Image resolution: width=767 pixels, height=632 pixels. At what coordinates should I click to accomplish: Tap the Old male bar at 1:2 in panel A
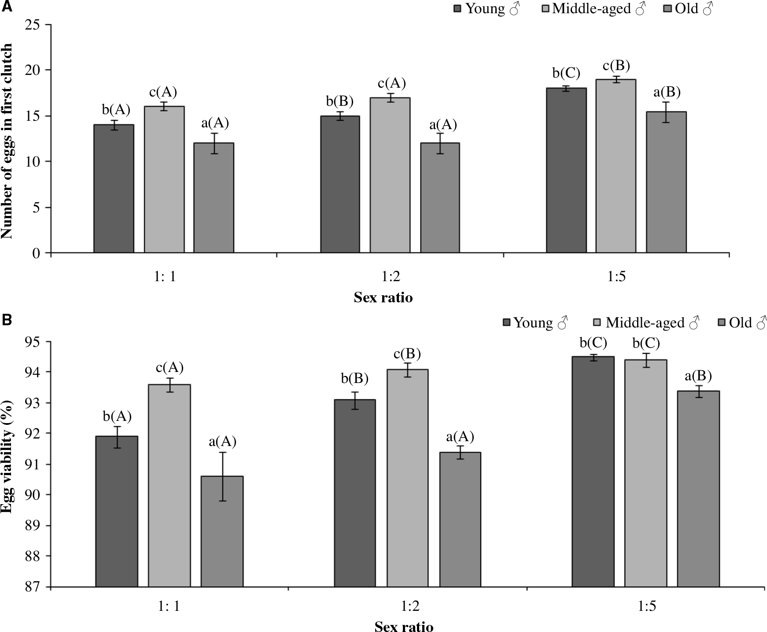[440, 198]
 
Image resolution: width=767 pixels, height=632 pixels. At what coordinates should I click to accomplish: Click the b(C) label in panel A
[566, 73]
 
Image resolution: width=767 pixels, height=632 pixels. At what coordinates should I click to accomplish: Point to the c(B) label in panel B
[407, 354]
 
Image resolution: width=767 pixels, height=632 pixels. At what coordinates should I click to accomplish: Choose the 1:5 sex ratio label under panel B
[647, 607]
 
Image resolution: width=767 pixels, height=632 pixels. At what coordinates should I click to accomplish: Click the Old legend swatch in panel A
[667, 9]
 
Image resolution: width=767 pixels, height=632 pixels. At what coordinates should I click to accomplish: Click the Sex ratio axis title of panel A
[383, 298]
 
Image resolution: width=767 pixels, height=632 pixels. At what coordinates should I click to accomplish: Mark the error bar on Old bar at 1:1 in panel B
[222, 476]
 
